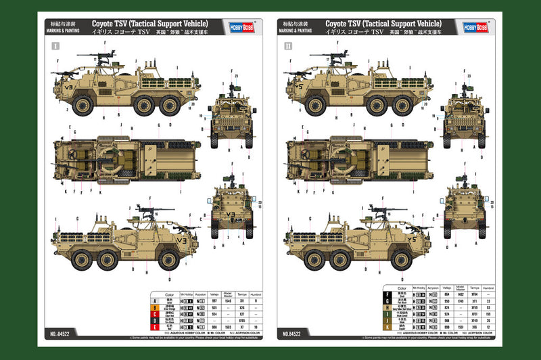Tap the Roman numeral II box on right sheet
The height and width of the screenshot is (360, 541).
coord(288,47)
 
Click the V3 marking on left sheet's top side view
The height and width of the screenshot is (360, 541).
coord(66,88)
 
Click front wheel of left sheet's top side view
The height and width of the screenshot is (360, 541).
coord(82,105)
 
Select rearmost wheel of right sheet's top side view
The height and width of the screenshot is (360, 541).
coord(406,105)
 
